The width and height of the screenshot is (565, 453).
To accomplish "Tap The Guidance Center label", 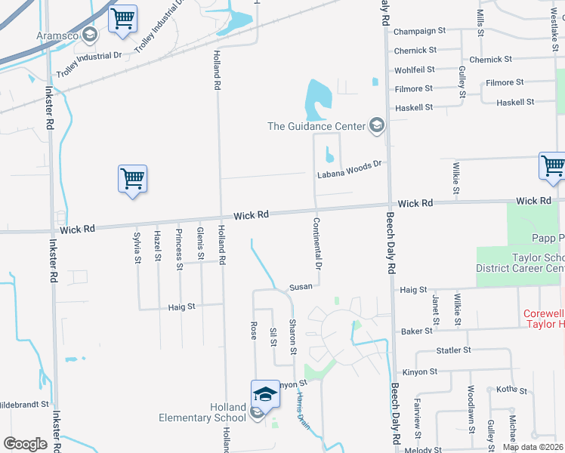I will point(316,126).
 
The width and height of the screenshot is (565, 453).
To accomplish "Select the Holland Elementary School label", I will point(202,412).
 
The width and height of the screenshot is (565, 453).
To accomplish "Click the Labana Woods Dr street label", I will point(350,171).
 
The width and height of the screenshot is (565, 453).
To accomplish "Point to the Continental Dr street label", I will point(318,245).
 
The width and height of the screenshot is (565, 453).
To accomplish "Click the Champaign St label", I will point(420,31).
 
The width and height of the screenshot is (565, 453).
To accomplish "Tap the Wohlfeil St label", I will point(415,69).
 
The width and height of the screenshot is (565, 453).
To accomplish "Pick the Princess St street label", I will point(179,248).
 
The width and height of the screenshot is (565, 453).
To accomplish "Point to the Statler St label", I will point(454,350).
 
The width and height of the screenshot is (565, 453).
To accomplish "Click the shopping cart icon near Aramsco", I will point(122,19).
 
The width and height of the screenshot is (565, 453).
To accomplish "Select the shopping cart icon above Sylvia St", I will point(132,179).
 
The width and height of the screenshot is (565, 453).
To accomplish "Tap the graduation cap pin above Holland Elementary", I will point(265,393).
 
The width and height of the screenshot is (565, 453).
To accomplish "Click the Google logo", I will point(25,444).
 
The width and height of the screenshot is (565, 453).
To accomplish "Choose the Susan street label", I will point(300,288).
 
